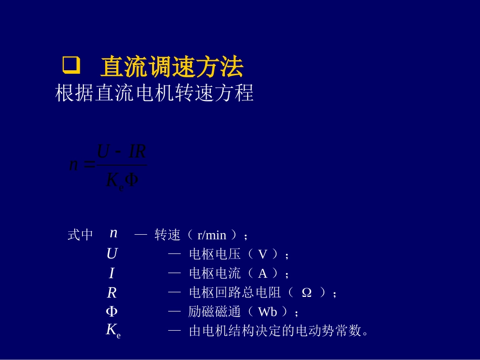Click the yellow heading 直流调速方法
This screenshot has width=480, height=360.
(172, 67)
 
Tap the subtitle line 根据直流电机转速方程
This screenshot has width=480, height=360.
(154, 93)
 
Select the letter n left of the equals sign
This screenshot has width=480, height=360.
(74, 165)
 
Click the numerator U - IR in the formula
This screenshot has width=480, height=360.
(121, 151)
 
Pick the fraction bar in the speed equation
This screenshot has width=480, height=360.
(121, 165)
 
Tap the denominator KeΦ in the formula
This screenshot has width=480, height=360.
(122, 181)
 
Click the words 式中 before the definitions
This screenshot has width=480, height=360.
(80, 235)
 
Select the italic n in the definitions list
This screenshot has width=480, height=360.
(114, 233)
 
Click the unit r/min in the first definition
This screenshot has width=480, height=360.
(212, 235)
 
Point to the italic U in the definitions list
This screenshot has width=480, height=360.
(112, 253)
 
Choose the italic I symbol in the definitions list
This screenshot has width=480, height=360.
(112, 273)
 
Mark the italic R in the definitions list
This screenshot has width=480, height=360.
(112, 293)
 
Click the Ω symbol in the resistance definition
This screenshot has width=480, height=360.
(306, 293)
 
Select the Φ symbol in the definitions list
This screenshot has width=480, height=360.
(112, 312)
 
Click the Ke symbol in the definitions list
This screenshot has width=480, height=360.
(113, 331)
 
